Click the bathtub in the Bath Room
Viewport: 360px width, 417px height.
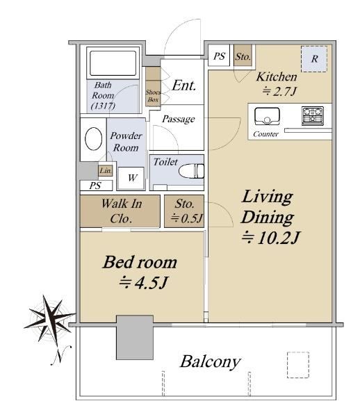pyautogui.click(x=113, y=63)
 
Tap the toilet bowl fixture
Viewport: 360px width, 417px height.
pyautogui.click(x=191, y=171)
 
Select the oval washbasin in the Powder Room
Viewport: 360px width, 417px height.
pyautogui.click(x=93, y=139)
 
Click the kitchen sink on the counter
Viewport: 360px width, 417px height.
pyautogui.click(x=267, y=116)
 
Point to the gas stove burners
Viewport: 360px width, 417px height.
pyautogui.click(x=313, y=115)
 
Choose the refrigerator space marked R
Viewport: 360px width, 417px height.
pyautogui.click(x=314, y=59)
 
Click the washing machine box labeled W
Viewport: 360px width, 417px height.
pyautogui.click(x=131, y=178)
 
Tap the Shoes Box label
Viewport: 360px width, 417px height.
pyautogui.click(x=153, y=96)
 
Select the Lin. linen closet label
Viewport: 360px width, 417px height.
pyautogui.click(x=106, y=170)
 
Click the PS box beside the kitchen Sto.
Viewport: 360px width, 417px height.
pyautogui.click(x=218, y=56)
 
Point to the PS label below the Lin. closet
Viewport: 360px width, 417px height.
pyautogui.click(x=95, y=186)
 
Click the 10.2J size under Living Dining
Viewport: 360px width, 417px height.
pyautogui.click(x=270, y=238)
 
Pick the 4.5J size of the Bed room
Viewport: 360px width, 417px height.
pyautogui.click(x=143, y=283)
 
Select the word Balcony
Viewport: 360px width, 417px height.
pyautogui.click(x=211, y=362)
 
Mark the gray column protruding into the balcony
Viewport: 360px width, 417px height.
pyautogui.click(x=135, y=337)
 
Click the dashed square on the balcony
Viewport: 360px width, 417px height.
pyautogui.click(x=298, y=365)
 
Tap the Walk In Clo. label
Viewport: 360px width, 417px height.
pyautogui.click(x=122, y=211)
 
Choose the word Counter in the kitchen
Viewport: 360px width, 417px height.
pyautogui.click(x=265, y=133)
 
